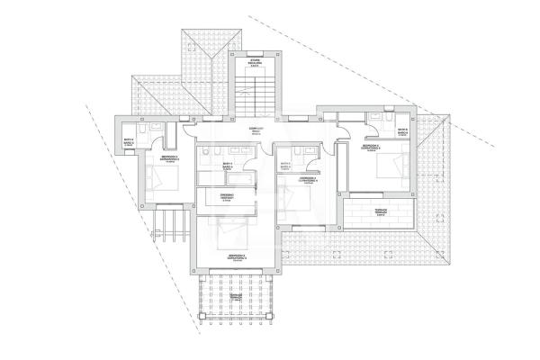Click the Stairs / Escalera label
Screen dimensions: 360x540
coord(255,62)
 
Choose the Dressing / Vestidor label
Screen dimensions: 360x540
coord(228,196)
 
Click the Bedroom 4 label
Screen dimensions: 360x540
coord(308,181)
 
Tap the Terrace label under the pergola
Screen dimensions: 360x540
coord(237,296)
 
